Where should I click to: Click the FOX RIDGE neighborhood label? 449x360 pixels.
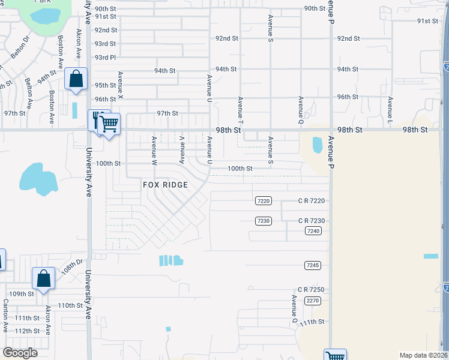(x=165, y=185)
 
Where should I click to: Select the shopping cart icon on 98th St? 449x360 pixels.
(x=109, y=124)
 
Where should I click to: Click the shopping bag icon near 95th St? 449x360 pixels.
(x=76, y=79)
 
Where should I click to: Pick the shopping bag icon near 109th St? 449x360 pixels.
(x=43, y=278)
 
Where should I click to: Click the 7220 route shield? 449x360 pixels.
(x=264, y=200)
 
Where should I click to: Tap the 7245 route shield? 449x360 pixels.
(x=312, y=265)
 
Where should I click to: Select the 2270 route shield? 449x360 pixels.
(x=312, y=300)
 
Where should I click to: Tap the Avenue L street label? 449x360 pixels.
(x=390, y=107)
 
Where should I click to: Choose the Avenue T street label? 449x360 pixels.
(x=240, y=107)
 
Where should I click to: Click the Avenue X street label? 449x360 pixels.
(x=121, y=85)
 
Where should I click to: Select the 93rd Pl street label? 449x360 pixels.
(x=104, y=58)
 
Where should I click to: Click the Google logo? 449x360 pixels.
(x=20, y=353)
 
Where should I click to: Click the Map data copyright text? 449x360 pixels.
(x=423, y=355)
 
